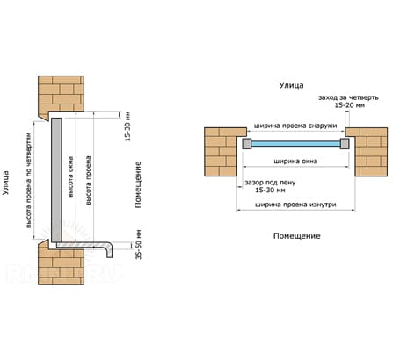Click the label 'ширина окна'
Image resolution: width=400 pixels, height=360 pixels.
pos(295,161)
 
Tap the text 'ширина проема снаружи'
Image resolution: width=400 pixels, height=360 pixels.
pos(295,126)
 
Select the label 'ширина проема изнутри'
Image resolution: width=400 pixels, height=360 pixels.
pos(295,205)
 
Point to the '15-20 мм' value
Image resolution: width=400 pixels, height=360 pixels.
pos(350,105)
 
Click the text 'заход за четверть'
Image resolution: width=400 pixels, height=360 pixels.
pos(348,97)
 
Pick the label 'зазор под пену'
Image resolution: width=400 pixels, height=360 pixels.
pos(270,183)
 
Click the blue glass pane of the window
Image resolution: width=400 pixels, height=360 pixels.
pos(295,144)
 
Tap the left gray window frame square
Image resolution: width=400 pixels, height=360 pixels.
pos(247,144)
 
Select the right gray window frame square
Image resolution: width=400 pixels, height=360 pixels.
pos(345,144)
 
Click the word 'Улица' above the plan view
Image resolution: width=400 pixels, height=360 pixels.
pos(291,85)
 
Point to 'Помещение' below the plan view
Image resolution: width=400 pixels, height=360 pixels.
pos(297,236)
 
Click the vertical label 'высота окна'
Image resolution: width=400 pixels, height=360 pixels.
pos(70,176)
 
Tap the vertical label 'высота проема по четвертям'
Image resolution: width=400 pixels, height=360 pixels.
pos(28,181)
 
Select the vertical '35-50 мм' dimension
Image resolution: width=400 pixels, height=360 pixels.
pos(139,245)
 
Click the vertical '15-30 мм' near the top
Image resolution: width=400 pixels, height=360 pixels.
pos(127,126)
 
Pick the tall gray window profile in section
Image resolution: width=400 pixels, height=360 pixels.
pos(56,180)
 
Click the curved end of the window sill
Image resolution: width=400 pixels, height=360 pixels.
pos(108,249)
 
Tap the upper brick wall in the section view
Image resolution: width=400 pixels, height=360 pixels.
pos(61,95)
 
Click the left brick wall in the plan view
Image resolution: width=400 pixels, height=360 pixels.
pos(222,152)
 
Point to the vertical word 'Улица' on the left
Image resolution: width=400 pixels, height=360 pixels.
pos(6,183)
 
